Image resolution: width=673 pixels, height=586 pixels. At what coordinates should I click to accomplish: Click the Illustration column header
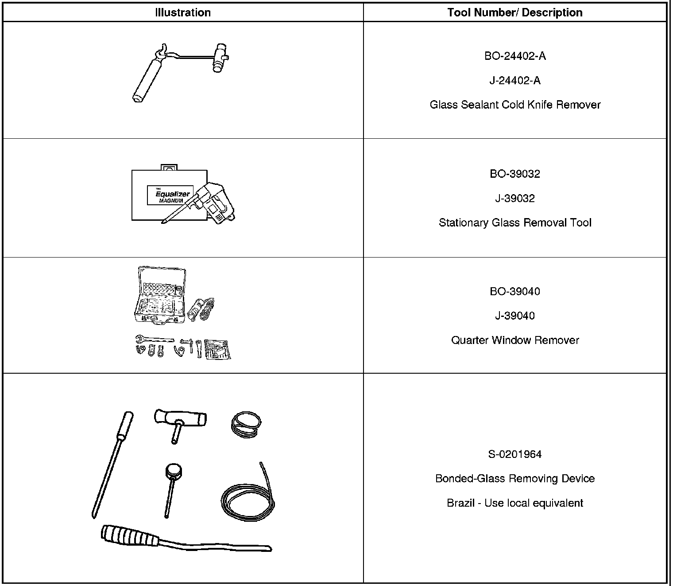(x=183, y=12)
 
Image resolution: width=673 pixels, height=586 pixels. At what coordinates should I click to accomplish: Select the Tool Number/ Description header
(x=515, y=12)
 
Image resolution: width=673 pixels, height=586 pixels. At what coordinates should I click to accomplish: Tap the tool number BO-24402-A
(x=515, y=56)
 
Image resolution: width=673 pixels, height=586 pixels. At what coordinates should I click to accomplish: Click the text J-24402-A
(x=515, y=81)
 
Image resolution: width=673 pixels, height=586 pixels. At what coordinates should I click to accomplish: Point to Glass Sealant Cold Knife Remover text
(x=515, y=105)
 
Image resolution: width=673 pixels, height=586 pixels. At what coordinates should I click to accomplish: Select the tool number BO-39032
(x=515, y=174)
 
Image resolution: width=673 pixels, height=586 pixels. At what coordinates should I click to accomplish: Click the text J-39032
(x=515, y=198)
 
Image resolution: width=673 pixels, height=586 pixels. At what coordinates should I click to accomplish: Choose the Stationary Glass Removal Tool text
(x=515, y=223)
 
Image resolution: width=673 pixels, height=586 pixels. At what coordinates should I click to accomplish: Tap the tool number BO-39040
(x=515, y=291)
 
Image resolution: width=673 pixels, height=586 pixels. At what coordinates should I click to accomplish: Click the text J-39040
(x=515, y=316)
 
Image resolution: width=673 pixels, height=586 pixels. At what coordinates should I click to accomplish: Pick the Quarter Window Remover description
(x=515, y=340)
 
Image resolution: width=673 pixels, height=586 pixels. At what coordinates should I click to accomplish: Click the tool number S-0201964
(x=515, y=454)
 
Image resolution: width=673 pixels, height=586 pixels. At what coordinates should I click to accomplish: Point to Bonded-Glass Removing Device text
(x=515, y=479)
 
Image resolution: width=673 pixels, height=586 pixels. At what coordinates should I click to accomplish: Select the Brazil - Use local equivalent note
(x=515, y=503)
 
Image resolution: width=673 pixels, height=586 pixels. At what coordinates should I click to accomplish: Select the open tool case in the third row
(x=160, y=295)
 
